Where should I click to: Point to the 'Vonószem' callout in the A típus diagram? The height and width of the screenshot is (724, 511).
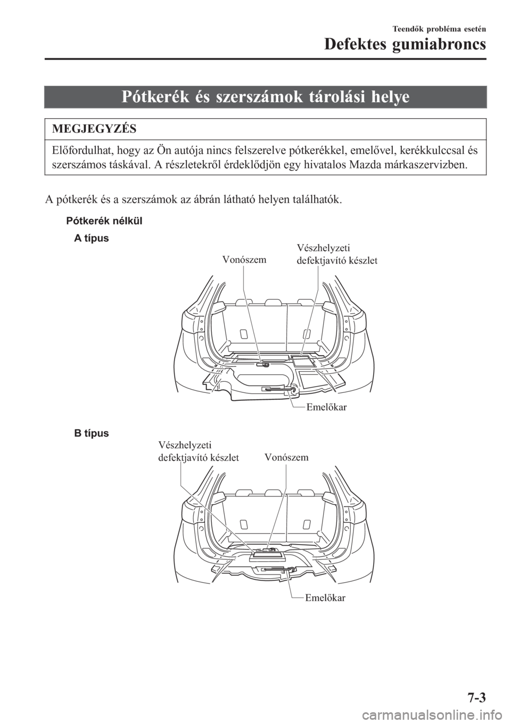coord(244,259)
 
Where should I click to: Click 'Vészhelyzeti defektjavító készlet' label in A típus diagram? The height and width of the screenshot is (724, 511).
coord(336,254)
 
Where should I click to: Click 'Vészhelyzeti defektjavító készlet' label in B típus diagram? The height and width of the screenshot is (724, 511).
coord(198,451)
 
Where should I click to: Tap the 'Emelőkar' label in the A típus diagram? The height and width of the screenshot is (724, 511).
coord(327,407)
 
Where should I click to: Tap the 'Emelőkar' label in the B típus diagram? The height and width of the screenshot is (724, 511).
coord(325,597)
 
